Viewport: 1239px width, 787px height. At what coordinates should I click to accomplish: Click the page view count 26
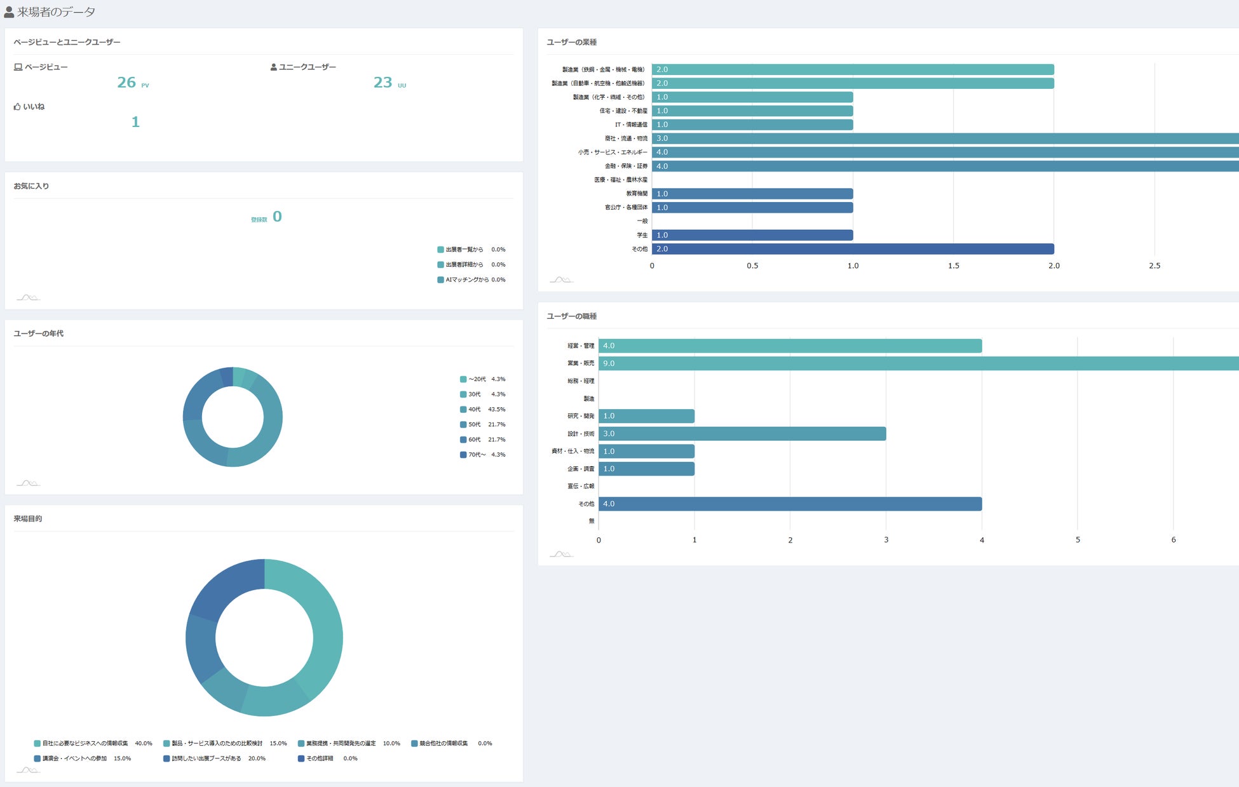(126, 83)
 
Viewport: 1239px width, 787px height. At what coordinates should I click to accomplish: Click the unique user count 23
(383, 83)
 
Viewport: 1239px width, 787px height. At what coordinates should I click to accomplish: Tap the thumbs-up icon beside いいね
(17, 107)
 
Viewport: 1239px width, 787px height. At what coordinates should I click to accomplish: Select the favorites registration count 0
(277, 217)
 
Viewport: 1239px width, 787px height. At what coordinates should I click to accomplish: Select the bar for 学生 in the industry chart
(752, 235)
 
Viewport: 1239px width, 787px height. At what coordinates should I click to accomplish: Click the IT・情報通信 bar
(752, 124)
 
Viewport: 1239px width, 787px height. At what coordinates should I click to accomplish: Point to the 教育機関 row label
(637, 194)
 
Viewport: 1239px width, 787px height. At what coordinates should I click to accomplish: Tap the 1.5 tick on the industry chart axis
(953, 266)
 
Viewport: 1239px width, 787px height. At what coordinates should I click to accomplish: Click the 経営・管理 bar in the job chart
(790, 346)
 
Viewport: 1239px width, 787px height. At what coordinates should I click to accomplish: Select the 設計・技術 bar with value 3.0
(742, 434)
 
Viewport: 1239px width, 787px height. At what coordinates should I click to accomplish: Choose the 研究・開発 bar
(646, 416)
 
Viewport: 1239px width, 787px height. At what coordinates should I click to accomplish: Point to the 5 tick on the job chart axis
(1078, 540)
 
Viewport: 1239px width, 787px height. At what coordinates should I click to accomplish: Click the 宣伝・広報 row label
(581, 487)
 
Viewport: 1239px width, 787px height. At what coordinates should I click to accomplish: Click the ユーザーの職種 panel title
(572, 316)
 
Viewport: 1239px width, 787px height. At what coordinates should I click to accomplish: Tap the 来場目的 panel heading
(28, 519)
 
